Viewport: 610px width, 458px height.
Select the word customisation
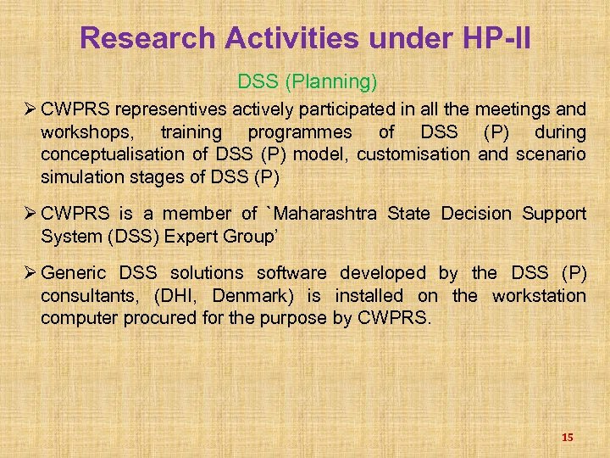pyautogui.click(x=418, y=155)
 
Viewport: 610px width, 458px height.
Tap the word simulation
pyautogui.click(x=80, y=178)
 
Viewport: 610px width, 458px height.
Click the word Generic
pyautogui.click(x=74, y=272)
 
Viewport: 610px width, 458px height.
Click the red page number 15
pyautogui.click(x=567, y=437)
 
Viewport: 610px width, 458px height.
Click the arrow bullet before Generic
pyautogui.click(x=29, y=272)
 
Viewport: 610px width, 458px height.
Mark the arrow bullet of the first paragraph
pyautogui.click(x=29, y=109)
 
